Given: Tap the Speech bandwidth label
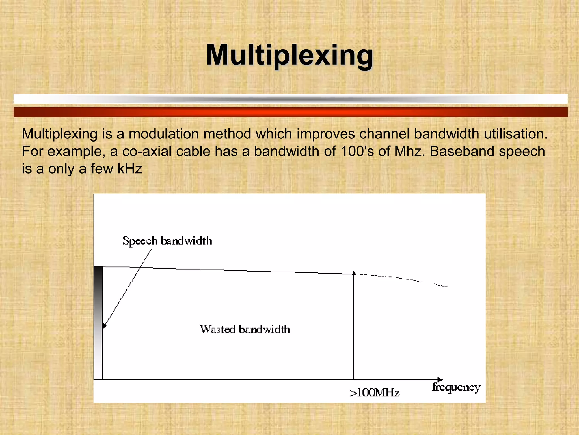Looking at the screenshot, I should click(167, 241).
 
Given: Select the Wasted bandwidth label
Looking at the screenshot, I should click(245, 329).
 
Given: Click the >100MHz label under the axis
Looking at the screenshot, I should click(375, 393).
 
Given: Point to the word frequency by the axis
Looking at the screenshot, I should click(456, 387).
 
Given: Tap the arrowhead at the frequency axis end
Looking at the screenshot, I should click(440, 379).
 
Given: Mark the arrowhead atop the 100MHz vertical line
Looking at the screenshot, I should click(354, 273).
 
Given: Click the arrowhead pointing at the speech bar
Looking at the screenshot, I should click(104, 326).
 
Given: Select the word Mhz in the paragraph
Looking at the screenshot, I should click(409, 152).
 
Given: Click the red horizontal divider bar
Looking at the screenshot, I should click(290, 112).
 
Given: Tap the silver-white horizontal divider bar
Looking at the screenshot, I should click(290, 99).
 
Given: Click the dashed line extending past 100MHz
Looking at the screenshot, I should click(401, 279).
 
